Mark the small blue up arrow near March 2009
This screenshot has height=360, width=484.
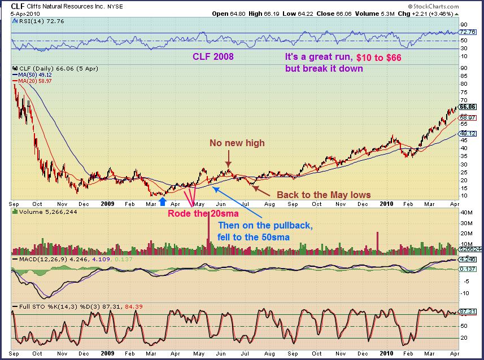point(163,201)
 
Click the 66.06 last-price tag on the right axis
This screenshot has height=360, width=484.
point(468,106)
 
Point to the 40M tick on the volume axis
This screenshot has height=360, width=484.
point(466,212)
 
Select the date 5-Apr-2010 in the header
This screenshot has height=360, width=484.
point(20,13)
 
